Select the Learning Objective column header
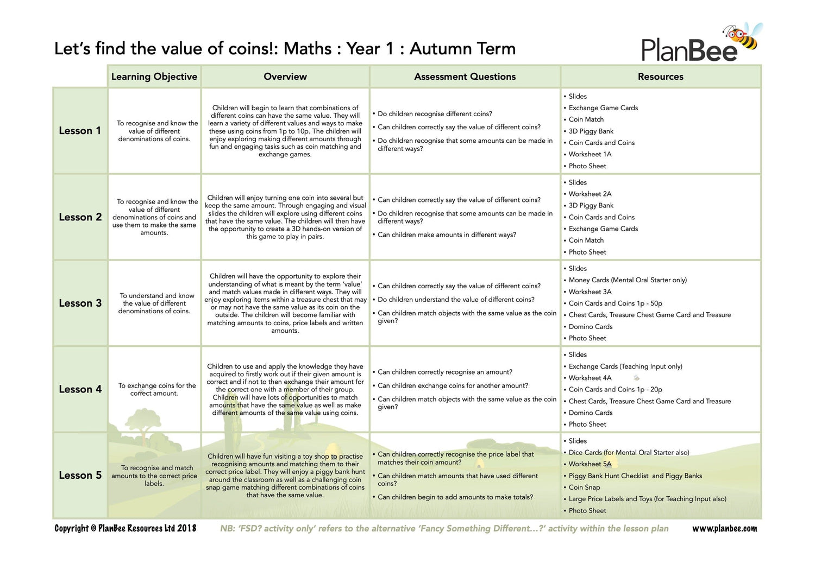pyautogui.click(x=154, y=77)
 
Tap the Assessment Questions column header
pyautogui.click(x=465, y=77)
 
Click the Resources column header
pyautogui.click(x=660, y=77)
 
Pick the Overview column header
pyautogui.click(x=285, y=77)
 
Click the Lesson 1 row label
pyautogui.click(x=80, y=131)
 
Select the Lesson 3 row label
pyautogui.click(x=80, y=303)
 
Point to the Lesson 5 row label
pyautogui.click(x=80, y=475)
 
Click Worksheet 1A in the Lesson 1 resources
pyautogui.click(x=590, y=154)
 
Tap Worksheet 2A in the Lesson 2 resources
pyautogui.click(x=590, y=194)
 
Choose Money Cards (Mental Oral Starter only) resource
pyautogui.click(x=628, y=280)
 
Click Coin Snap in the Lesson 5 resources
pyautogui.click(x=584, y=487)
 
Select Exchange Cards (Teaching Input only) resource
pyautogui.click(x=625, y=366)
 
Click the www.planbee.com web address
pyautogui.click(x=724, y=528)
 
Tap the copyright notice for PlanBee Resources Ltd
pyautogui.click(x=125, y=528)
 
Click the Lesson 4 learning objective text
pyautogui.click(x=157, y=389)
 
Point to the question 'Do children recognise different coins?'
pyautogui.click(x=435, y=114)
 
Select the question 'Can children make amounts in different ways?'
pyautogui.click(x=447, y=235)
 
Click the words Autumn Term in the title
pyautogui.click(x=462, y=48)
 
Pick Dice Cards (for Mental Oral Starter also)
pyautogui.click(x=629, y=452)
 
